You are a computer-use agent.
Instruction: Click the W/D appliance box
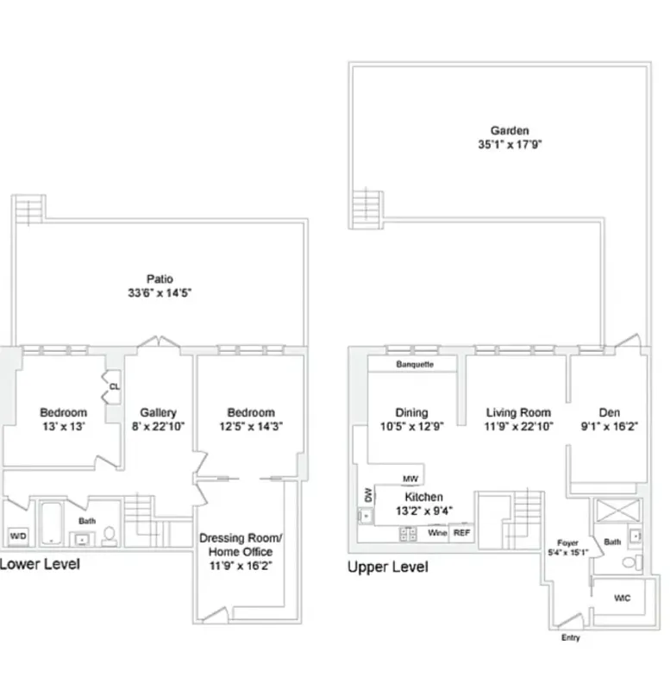pos(17,536)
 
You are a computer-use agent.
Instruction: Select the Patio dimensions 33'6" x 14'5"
pos(160,292)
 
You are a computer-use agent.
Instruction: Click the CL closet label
pos(114,386)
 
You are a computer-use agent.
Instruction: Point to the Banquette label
pos(414,365)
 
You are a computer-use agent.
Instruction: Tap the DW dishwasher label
pos(369,495)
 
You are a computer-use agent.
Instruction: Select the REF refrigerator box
pos(462,533)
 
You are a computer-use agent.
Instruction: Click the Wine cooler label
pos(437,533)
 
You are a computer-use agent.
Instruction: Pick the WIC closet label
pos(621,598)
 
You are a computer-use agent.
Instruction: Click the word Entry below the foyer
pos(570,638)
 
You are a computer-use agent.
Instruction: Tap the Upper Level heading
pos(387,568)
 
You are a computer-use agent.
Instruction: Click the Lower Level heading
pos(40,564)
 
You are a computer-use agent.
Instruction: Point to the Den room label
pos(609,412)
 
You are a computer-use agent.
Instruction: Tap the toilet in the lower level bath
pos(110,536)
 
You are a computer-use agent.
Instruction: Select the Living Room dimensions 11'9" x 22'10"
pos(518,426)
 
